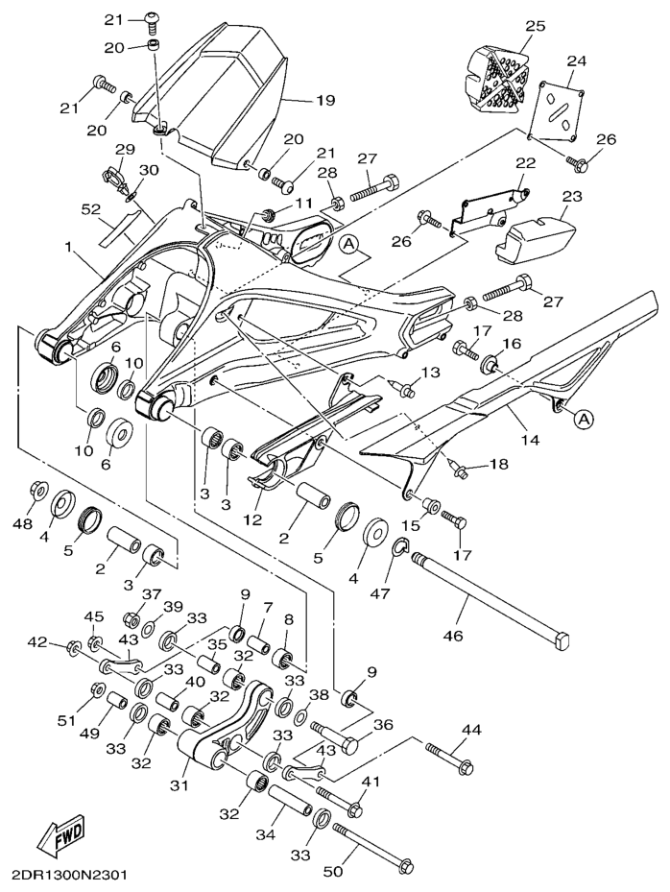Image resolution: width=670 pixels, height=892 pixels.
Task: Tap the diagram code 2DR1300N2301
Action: pos(70,876)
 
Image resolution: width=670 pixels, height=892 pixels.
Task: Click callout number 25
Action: pos(535,26)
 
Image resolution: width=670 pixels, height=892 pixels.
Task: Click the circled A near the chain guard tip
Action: pos(582,417)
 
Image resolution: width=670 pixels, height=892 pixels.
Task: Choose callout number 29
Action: pos(126,150)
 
